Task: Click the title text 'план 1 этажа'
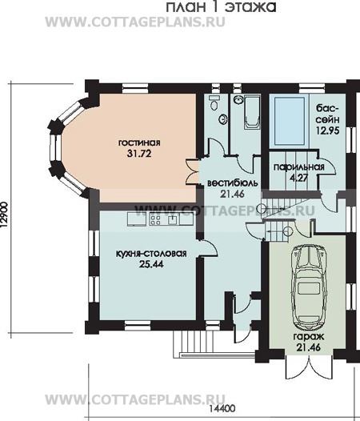tap(221, 6)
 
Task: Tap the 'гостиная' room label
tap(139, 142)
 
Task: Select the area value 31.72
tap(139, 154)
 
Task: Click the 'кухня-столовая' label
tap(151, 254)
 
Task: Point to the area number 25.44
tap(151, 264)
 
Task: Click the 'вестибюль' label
tap(233, 183)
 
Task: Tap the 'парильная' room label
tap(298, 167)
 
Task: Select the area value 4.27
tap(299, 178)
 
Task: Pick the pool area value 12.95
tap(328, 130)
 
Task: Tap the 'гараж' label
tap(309, 336)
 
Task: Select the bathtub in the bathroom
tap(252, 112)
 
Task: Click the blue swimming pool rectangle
tap(289, 121)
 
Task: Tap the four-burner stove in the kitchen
tap(155, 219)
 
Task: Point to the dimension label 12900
tap(5, 215)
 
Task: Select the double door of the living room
tap(193, 171)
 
